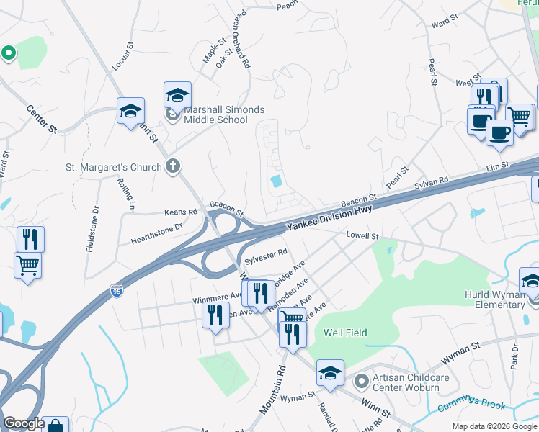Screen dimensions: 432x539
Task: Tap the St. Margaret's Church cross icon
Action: click(x=172, y=168)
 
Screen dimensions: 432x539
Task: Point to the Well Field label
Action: click(x=345, y=333)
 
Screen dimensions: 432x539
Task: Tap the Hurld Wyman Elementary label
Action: click(x=494, y=300)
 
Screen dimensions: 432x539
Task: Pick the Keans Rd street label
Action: click(x=180, y=212)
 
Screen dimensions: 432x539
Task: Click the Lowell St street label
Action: click(x=362, y=236)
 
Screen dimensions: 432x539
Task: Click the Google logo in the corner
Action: click(x=24, y=423)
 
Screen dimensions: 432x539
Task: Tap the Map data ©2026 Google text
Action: click(x=494, y=426)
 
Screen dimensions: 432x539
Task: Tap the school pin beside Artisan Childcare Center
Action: click(x=330, y=373)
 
